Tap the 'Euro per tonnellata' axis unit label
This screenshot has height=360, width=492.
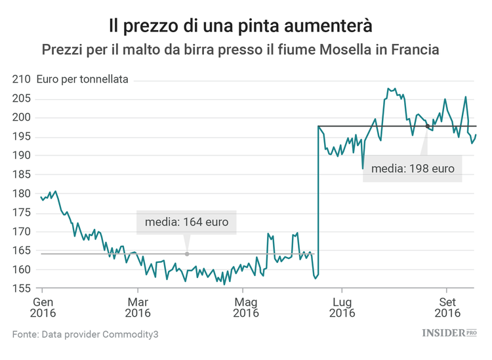click(83, 79)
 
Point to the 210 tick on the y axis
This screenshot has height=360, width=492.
click(22, 80)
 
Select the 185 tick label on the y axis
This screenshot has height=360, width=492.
click(22, 175)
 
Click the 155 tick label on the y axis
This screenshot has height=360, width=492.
click(22, 289)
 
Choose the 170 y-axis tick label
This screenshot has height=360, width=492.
click(22, 232)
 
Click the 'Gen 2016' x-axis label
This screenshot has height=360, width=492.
click(43, 308)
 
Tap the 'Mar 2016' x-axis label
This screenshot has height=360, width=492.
click(138, 308)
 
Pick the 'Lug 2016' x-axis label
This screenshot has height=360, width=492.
click(342, 308)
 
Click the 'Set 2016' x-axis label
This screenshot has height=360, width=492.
click(447, 308)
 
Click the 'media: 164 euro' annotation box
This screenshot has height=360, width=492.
click(186, 222)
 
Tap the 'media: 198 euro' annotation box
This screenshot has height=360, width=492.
click(413, 169)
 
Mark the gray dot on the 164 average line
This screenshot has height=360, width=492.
click(187, 254)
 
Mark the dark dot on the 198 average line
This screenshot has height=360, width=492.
click(427, 126)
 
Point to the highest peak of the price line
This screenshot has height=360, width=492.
click(389, 89)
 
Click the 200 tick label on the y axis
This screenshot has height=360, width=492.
click(22, 118)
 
